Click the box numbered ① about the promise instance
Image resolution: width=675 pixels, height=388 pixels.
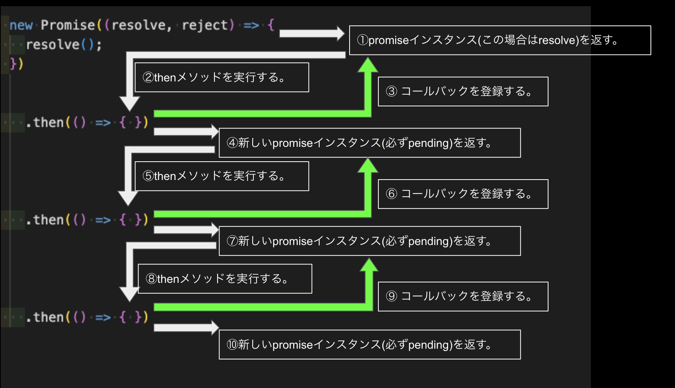(500, 40)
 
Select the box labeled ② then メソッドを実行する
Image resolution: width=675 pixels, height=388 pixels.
(221, 77)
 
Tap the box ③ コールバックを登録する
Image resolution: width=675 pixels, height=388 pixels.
(463, 92)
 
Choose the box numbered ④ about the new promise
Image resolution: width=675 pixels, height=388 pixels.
(369, 143)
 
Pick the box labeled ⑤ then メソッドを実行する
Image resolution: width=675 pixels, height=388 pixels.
(221, 176)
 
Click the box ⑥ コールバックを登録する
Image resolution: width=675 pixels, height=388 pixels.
(463, 194)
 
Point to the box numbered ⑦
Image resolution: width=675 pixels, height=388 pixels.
(369, 241)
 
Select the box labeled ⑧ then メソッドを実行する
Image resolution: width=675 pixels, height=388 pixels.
(225, 279)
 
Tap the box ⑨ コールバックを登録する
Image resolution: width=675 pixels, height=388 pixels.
(463, 296)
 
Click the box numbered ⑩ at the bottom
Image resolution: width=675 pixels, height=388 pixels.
(369, 345)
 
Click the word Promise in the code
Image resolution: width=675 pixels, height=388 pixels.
(68, 25)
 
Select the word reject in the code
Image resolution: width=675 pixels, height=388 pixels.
(205, 25)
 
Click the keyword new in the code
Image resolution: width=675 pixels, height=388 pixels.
(21, 25)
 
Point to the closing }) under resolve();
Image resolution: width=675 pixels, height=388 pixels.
(16, 63)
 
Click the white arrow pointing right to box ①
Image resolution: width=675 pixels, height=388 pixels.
(311, 34)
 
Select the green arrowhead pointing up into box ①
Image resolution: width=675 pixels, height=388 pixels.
(368, 65)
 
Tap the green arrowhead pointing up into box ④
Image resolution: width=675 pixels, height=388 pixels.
(368, 166)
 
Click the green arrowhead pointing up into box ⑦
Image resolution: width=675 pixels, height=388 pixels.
(369, 265)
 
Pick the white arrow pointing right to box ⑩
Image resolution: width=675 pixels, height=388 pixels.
(186, 328)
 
